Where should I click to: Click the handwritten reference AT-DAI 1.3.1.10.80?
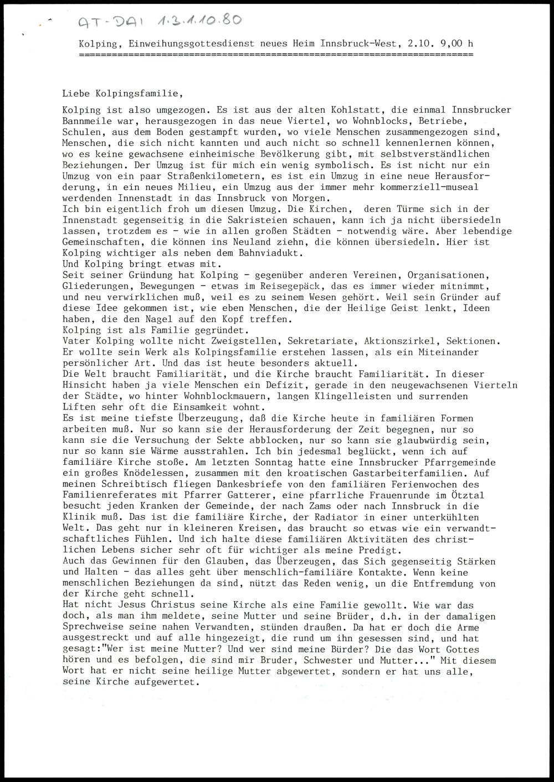(159, 22)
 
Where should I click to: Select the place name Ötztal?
(468, 495)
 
